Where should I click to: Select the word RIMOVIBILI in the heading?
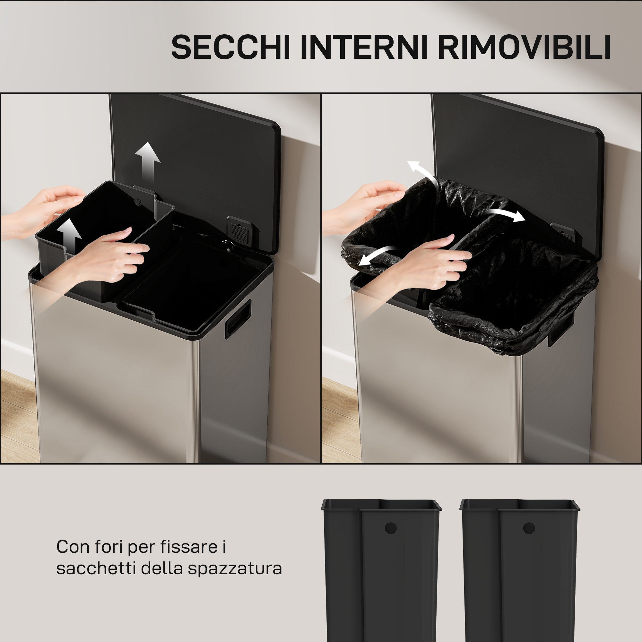click(524, 47)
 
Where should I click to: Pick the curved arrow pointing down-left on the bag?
click(377, 256)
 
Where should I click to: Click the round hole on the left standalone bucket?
click(390, 528)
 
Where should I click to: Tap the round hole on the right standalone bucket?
click(529, 528)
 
